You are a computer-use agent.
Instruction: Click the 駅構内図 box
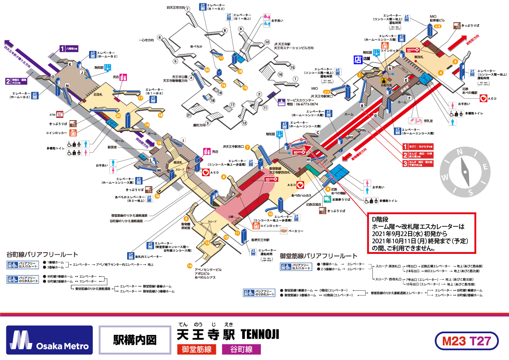pyautogui.click(x=135, y=340)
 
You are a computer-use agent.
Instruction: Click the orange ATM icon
pyautogui.click(x=60, y=114)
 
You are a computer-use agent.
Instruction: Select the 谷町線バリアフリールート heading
pyautogui.click(x=42, y=255)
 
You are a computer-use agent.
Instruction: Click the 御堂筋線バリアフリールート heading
pyautogui.click(x=319, y=256)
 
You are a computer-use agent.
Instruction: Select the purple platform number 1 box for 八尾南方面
pyautogui.click(x=62, y=49)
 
